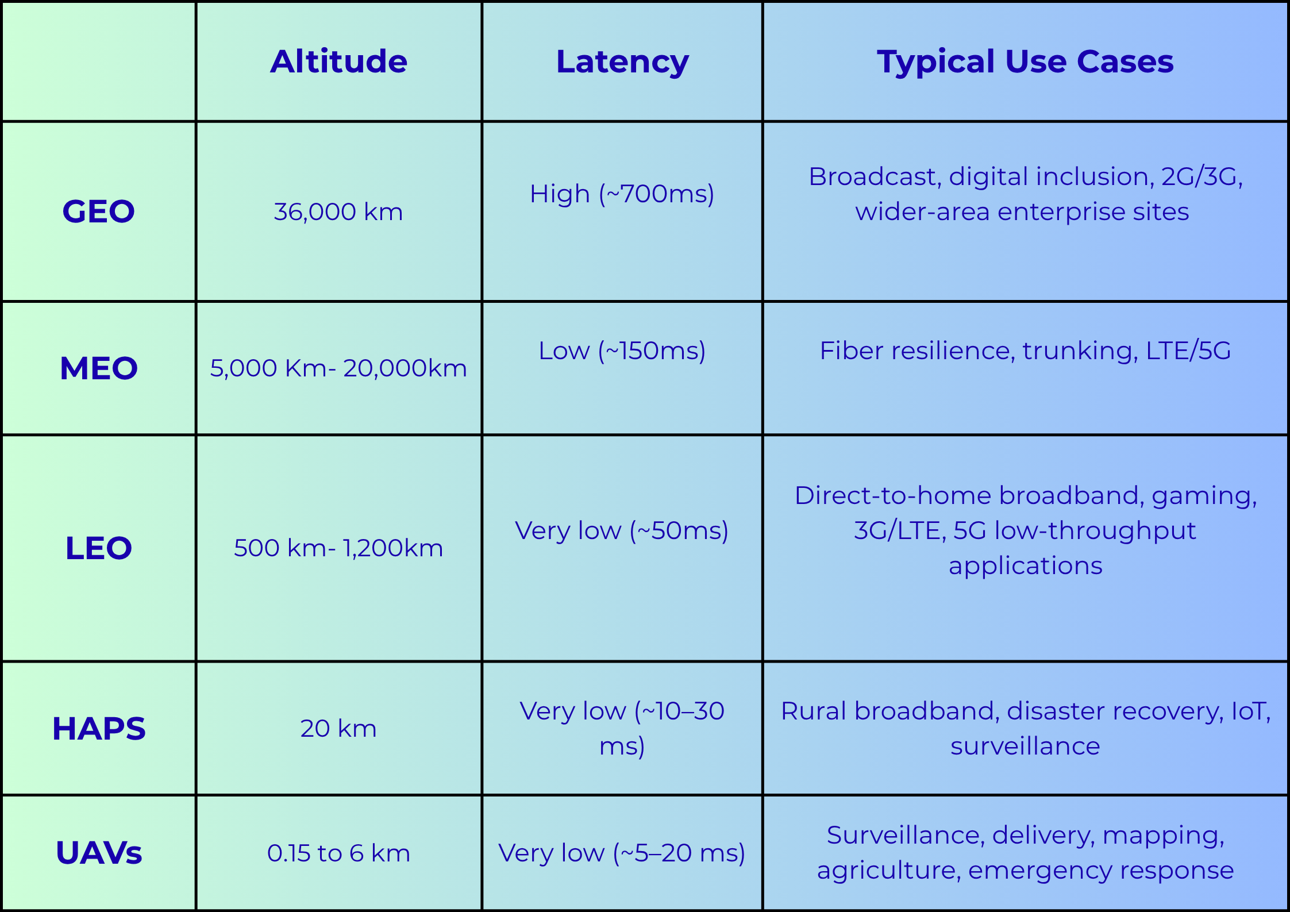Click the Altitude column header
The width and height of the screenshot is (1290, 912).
click(x=338, y=61)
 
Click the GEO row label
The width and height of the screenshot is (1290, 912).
click(x=99, y=211)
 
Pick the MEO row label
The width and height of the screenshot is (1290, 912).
click(x=99, y=368)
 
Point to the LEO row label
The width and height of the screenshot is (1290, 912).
click(x=99, y=548)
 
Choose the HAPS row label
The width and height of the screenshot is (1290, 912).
click(x=99, y=729)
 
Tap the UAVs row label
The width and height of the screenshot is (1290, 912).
click(x=99, y=853)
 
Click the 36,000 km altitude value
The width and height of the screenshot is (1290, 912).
click(x=338, y=212)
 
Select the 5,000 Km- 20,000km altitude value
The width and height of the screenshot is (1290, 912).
click(x=338, y=368)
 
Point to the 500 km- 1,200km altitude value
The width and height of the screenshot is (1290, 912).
click(x=338, y=548)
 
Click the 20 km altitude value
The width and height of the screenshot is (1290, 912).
click(x=338, y=729)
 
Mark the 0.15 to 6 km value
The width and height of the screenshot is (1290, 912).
click(x=338, y=853)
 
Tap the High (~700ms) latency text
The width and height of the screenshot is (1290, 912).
click(x=622, y=195)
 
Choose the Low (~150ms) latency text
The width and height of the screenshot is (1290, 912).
click(x=622, y=351)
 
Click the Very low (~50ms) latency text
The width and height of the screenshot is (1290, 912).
click(x=622, y=531)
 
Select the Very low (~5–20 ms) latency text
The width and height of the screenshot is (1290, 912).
click(x=622, y=853)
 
